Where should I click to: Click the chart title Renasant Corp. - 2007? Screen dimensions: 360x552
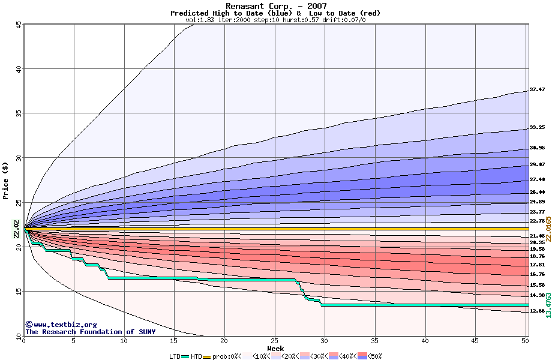276,6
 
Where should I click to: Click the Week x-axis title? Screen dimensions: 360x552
275,349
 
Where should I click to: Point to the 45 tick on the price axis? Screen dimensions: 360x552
19,25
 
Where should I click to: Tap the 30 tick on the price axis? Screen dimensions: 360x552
19,158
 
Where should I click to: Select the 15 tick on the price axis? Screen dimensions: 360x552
19,292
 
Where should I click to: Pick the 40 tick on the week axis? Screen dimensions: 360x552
425,341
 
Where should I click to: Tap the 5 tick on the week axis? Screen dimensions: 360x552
74,341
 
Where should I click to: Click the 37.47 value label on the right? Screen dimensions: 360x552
537,90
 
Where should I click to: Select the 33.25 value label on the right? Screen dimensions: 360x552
537,128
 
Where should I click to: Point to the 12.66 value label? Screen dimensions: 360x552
537,311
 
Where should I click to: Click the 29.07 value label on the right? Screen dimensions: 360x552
537,164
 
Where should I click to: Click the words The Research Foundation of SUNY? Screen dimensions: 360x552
90,332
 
